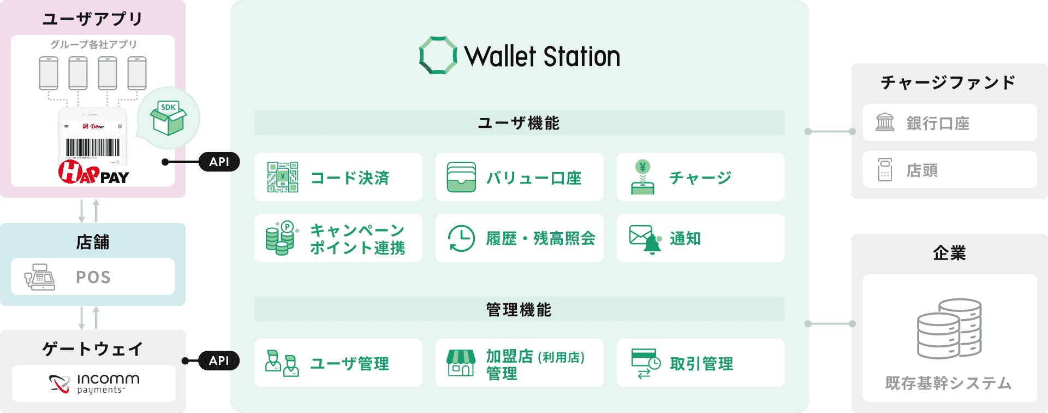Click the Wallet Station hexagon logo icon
pos(438,55)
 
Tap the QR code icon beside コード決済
pos(283,177)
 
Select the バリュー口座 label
pos(534,178)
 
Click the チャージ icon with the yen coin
pos(642,177)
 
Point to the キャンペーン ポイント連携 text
pos(358,239)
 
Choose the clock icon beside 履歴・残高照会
pos(461,238)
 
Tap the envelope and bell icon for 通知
pos(645,239)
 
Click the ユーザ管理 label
pos(350,363)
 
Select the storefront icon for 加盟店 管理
pos(461,363)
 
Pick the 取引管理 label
pos(701,363)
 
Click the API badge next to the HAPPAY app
pos(219,162)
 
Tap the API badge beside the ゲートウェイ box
pos(219,361)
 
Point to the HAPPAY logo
pos(93,172)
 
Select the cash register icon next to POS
pos(39,277)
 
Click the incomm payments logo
pos(94,383)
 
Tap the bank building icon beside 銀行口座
pos(885,122)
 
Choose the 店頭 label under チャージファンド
pos(922,170)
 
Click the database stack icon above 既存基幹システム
pos(949,328)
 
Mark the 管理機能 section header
pos(519,310)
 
